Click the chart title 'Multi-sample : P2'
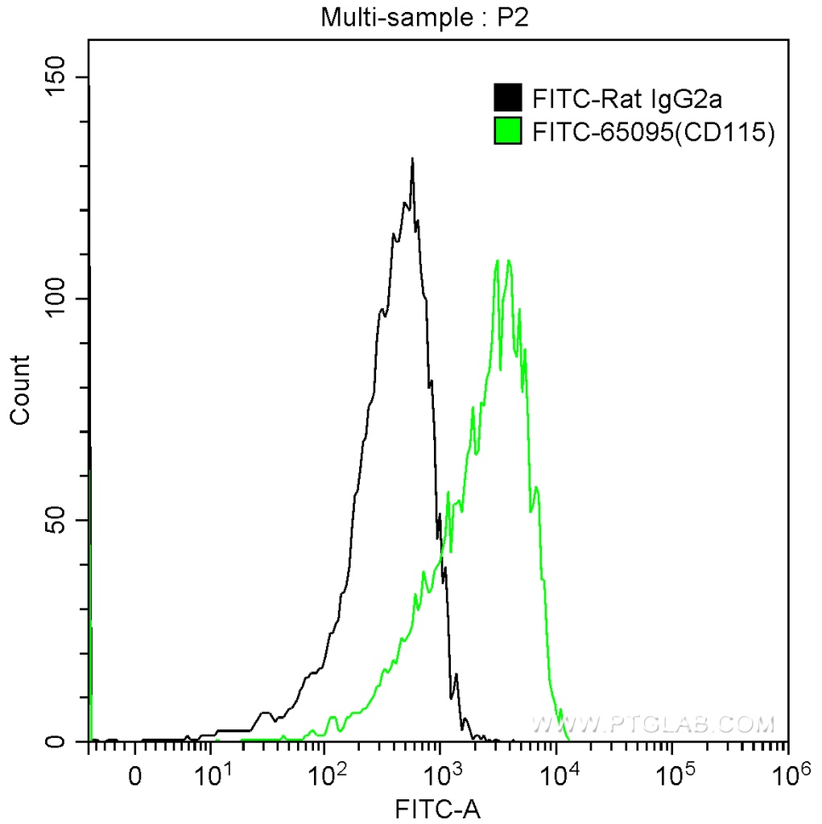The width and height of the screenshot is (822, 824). point(424,17)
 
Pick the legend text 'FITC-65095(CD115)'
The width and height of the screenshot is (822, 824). point(653,132)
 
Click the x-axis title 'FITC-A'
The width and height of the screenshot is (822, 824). point(437,807)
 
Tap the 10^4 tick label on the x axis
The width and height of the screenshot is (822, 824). point(557,775)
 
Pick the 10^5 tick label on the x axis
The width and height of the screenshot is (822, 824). point(673,775)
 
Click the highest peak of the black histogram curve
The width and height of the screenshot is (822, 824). point(412,159)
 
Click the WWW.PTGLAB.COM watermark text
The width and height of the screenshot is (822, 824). point(652,723)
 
